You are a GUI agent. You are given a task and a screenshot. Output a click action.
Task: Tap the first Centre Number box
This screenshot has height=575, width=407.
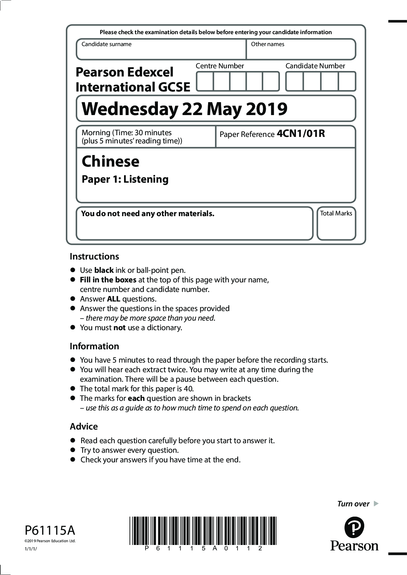205,81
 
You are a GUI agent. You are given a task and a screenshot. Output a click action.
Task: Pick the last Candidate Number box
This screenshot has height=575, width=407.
347,81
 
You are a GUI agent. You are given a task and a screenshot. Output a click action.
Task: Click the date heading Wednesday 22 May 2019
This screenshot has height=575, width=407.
185,109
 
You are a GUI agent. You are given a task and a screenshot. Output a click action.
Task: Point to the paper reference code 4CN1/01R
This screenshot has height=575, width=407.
301,134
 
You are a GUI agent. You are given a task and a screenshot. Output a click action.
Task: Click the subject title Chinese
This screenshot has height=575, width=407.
110,161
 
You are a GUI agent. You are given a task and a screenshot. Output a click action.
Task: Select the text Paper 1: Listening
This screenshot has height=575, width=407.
125,179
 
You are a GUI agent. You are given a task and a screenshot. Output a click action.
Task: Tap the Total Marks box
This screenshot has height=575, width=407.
336,224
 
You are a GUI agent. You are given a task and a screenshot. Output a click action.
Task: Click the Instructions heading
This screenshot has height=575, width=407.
94,256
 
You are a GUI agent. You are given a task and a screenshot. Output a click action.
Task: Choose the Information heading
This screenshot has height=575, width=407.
94,346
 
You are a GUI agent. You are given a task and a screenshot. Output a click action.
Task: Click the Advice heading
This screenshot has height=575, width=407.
84,426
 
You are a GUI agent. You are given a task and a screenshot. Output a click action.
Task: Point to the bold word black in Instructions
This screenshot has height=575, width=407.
104,270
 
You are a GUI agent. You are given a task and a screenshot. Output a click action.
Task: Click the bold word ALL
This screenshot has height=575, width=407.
113,299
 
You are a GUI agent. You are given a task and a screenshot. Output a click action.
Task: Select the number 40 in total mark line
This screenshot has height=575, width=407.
188,389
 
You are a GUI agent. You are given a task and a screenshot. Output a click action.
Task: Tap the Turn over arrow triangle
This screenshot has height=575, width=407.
376,503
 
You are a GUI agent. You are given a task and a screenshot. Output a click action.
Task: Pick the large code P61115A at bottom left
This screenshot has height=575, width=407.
50,531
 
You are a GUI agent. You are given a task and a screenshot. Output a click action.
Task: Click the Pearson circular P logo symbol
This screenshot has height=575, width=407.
354,527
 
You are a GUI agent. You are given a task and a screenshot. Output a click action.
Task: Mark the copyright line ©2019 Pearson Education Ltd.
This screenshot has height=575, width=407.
50,541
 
